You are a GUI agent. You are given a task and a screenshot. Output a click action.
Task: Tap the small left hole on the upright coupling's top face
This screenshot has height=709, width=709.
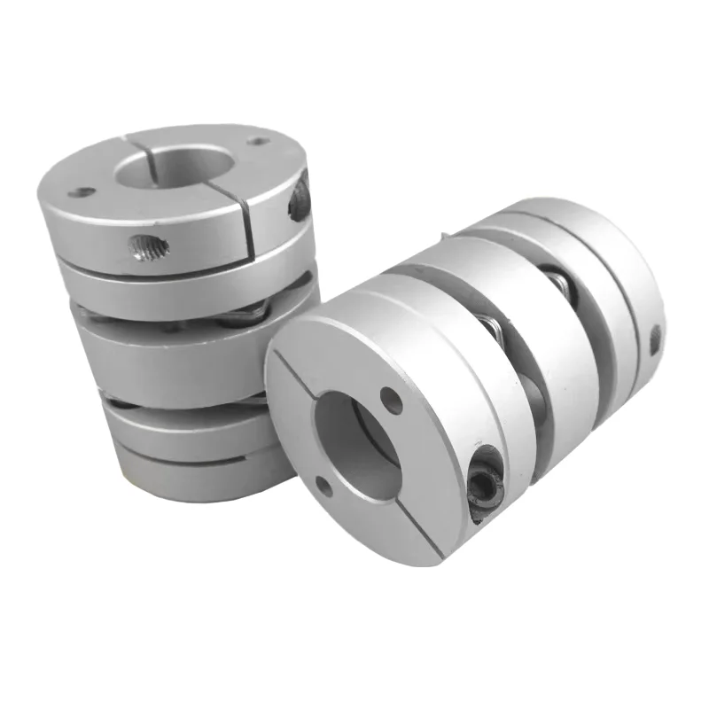[x=82, y=191]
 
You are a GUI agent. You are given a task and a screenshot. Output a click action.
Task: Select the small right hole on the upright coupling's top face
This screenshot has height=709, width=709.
[x=258, y=141]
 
